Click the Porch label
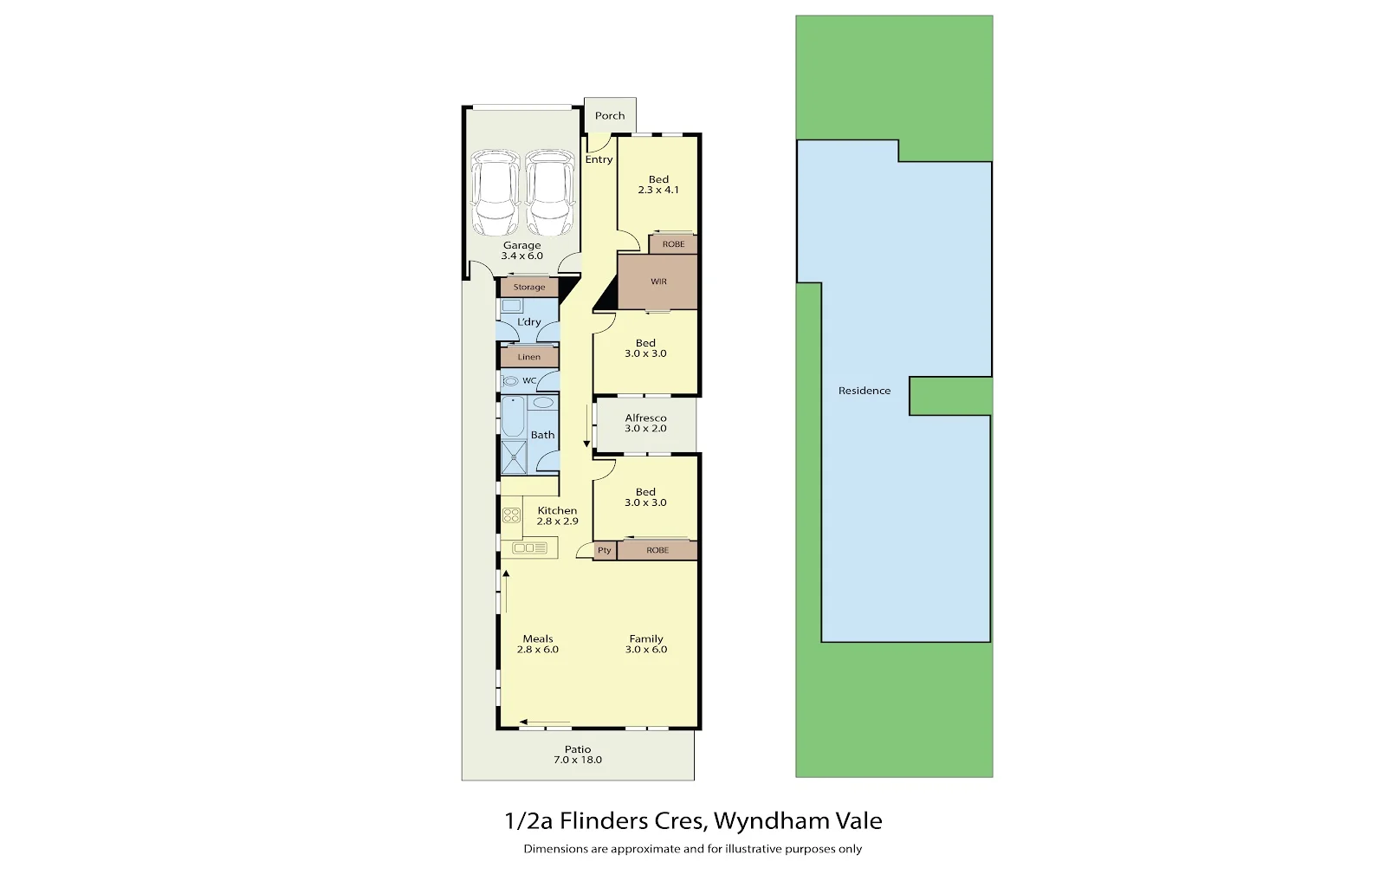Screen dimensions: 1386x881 (610, 116)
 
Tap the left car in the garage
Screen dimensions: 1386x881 (495, 192)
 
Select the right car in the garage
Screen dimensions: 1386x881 (550, 192)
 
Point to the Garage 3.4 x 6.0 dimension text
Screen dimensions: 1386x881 (521, 256)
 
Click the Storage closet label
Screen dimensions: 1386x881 (529, 287)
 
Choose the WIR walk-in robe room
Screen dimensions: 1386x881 (657, 282)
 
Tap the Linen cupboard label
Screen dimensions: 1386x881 (529, 357)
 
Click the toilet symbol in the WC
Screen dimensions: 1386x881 (510, 381)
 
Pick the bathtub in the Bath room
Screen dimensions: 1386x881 (513, 417)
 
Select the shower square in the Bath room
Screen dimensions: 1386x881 (514, 457)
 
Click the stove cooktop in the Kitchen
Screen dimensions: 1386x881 (512, 515)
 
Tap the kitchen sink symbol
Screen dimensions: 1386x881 (529, 548)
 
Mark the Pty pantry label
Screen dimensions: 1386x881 (605, 550)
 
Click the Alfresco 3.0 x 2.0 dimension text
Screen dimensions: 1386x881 (645, 429)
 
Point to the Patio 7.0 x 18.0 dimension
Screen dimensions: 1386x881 (577, 760)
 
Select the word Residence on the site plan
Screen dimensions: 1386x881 (865, 391)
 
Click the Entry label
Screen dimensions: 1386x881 (599, 159)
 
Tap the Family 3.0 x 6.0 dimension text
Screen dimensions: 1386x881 (646, 650)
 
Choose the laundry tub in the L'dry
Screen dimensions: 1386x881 (511, 305)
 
